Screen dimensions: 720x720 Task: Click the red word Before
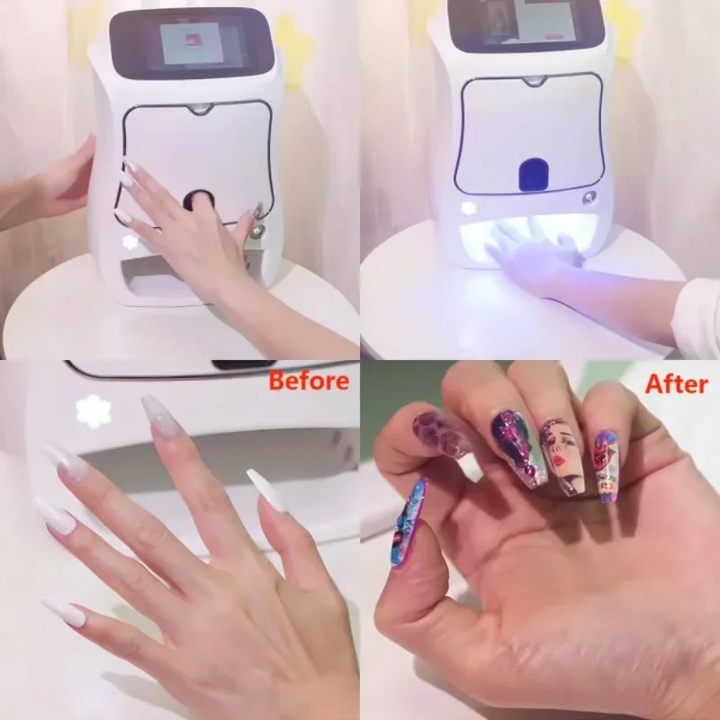309,381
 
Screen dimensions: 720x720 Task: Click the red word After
676,384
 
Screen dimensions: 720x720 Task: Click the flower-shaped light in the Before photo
93,411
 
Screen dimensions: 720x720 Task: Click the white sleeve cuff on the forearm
698,306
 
